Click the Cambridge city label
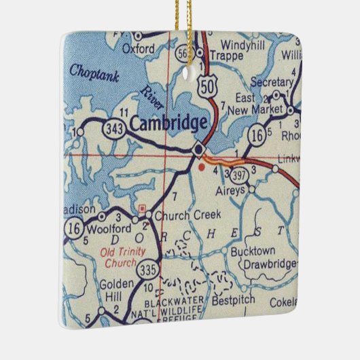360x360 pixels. tap(168, 123)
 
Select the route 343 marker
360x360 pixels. tap(113, 128)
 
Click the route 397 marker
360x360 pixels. tap(238, 175)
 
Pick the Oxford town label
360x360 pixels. tap(139, 48)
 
